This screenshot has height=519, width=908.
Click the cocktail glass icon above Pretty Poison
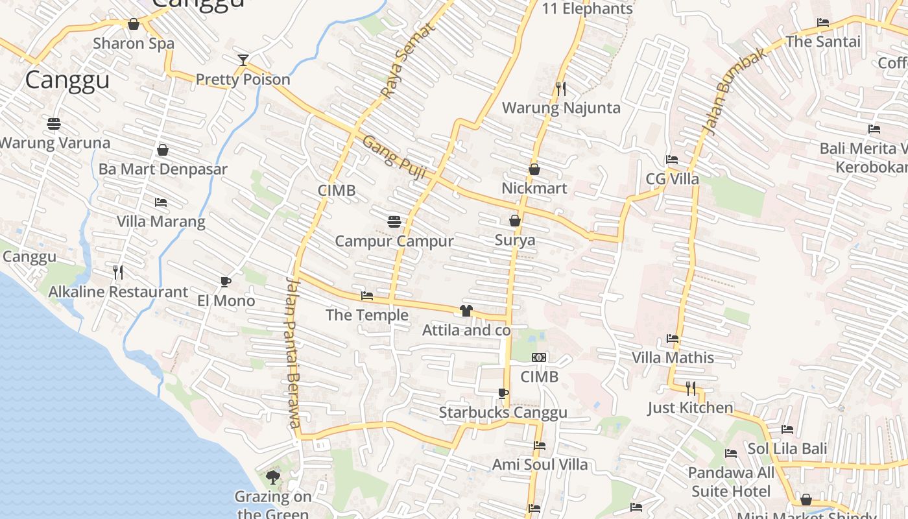[243, 60]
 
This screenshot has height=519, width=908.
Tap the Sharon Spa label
[134, 43]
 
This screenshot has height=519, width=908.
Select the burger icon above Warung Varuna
[54, 123]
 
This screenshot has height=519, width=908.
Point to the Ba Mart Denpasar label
[163, 169]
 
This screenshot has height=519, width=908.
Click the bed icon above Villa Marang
[161, 202]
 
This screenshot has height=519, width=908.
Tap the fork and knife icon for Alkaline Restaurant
[118, 272]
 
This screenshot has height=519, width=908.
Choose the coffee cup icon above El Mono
[225, 282]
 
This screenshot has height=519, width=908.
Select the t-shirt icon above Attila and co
[466, 311]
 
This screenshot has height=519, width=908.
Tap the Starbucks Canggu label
[503, 413]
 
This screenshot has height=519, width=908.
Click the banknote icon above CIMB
[539, 357]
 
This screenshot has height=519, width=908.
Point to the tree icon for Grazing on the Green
[273, 477]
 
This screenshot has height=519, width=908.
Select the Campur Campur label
[394, 241]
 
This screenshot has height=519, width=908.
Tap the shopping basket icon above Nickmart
[534, 169]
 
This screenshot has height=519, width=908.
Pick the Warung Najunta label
[561, 108]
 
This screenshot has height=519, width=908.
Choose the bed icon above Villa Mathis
[673, 339]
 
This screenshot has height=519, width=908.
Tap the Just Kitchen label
[690, 408]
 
